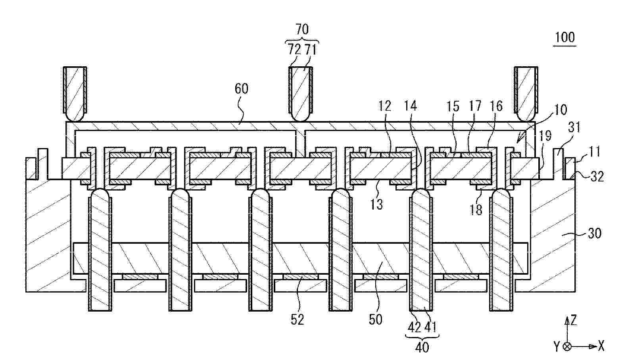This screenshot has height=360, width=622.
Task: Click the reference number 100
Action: (564, 37)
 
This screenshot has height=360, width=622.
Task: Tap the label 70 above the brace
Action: (302, 29)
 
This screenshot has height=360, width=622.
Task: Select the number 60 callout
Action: (241, 89)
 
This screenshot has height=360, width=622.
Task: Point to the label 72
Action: (294, 50)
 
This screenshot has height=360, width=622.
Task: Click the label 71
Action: (311, 50)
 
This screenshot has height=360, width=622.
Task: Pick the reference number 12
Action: (385, 106)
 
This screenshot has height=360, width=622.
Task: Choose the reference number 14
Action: (410, 106)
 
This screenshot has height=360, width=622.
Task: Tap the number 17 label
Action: (475, 106)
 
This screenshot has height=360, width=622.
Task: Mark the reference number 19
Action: (545, 136)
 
